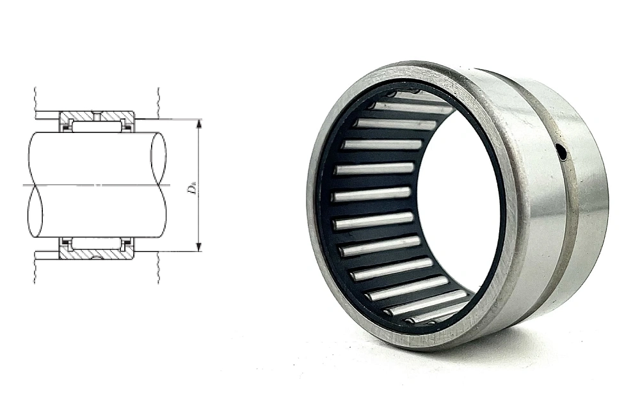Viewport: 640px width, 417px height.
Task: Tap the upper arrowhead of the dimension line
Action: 199,124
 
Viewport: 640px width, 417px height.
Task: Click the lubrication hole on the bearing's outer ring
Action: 563,154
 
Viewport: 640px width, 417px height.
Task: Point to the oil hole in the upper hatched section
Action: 97,116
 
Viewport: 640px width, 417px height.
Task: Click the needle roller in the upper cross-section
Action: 97,125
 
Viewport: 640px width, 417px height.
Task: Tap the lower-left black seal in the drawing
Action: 65,246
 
